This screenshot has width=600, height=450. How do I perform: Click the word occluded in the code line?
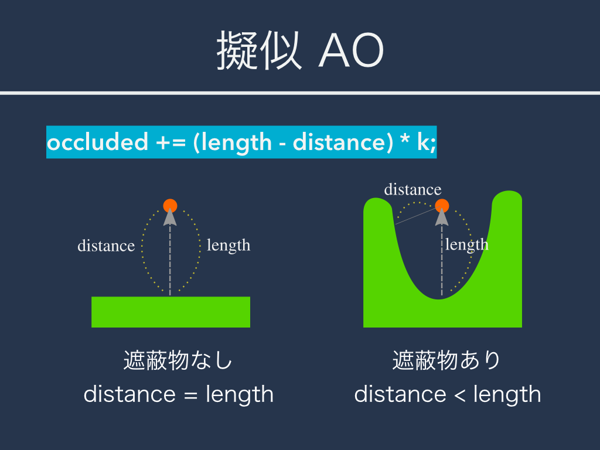98,142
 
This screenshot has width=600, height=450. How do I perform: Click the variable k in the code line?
424,142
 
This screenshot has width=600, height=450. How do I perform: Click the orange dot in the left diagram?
171,206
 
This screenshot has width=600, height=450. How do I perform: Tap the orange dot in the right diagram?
442,206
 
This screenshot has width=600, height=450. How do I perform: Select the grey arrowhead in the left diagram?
170,217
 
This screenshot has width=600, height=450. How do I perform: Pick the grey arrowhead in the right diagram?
442,217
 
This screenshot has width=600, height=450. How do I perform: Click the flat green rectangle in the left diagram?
171,312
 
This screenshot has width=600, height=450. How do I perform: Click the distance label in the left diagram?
106,246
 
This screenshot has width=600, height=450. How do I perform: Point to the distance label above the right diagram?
412,189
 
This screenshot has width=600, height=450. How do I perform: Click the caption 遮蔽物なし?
178,360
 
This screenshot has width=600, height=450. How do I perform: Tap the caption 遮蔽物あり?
446,360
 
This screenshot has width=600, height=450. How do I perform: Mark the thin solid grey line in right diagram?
415,216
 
